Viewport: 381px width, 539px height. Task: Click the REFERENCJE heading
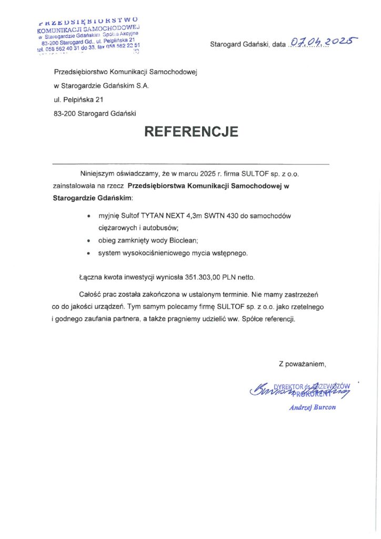[191, 131]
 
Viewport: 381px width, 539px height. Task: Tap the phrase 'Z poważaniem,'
[303, 363]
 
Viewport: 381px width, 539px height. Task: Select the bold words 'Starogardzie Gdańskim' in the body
[93, 198]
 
